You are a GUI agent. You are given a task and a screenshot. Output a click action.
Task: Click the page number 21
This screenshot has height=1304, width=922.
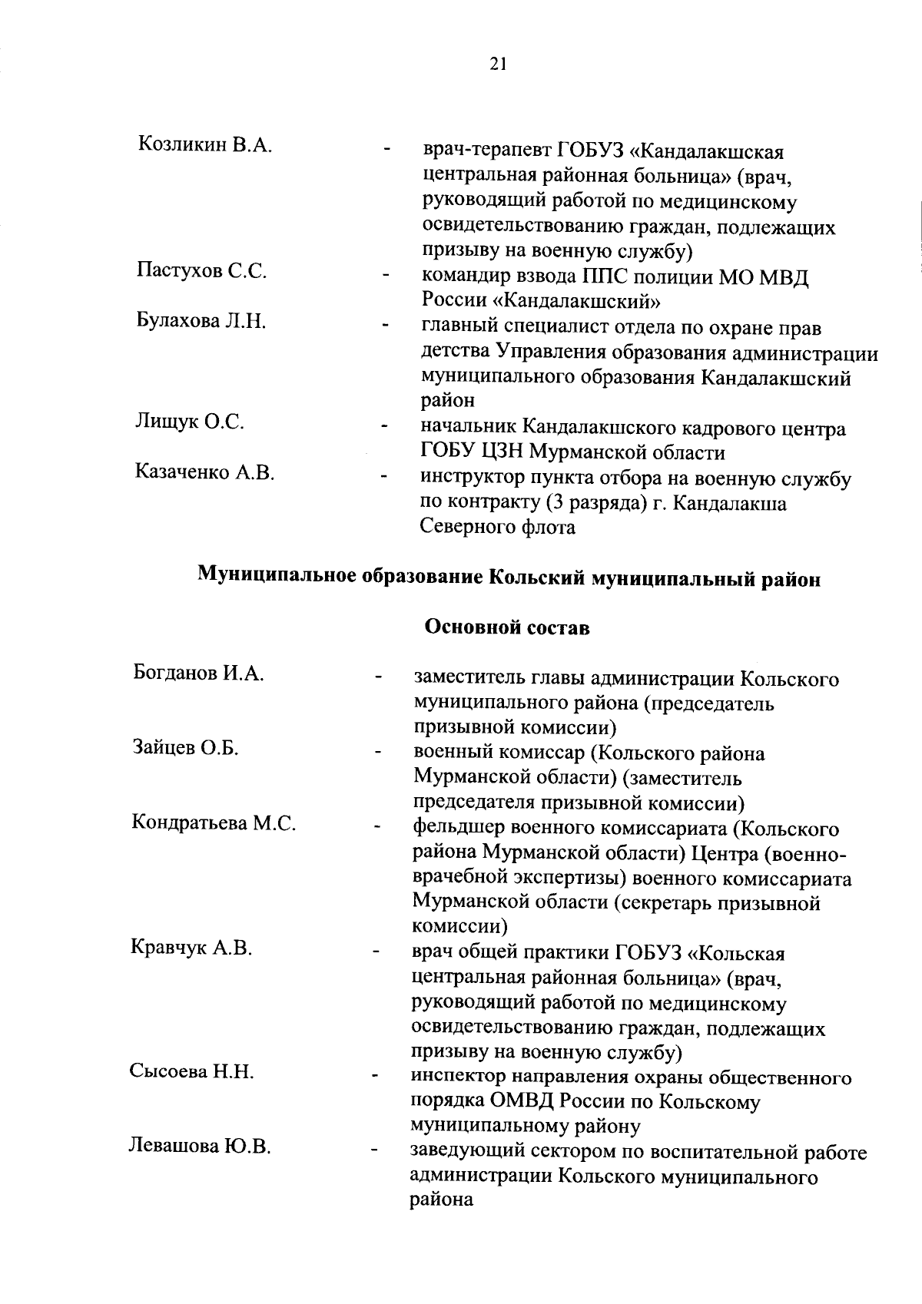point(497,65)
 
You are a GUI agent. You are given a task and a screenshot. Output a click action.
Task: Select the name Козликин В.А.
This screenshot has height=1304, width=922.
point(205,144)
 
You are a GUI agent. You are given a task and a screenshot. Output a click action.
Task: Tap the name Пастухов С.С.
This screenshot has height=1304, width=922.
point(202,271)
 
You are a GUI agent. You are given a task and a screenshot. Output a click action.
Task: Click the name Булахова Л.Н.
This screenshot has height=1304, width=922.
point(201,320)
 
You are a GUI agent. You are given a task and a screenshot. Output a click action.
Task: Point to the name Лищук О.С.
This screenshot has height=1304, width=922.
point(190,422)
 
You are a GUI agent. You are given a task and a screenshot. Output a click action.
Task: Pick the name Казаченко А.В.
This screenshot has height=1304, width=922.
point(205,472)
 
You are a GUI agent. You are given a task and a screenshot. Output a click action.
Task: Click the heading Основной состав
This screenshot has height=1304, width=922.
point(507,627)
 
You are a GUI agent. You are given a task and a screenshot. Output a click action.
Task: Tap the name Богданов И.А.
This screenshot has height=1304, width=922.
point(199,674)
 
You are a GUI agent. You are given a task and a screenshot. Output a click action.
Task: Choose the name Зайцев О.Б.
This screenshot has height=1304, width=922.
point(185,748)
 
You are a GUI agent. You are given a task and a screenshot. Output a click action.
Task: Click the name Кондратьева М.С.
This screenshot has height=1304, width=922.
point(214,822)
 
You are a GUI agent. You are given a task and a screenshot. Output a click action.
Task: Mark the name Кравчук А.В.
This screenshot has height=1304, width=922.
point(191,948)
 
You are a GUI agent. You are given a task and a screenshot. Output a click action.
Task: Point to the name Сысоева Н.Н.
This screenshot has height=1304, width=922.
point(191,1071)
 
